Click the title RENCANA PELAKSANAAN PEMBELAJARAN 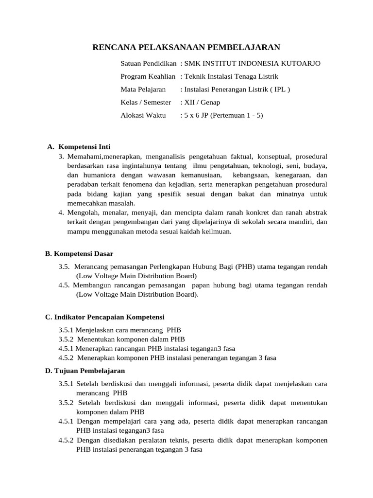tap(186, 47)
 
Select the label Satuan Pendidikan tap(148, 64)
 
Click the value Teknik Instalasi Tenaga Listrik tap(231, 76)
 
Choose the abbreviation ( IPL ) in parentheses tap(278, 89)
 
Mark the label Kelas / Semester tap(146, 102)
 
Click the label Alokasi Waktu tap(143, 115)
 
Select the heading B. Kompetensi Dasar tap(79, 254)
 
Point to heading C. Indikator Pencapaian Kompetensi tap(105, 317)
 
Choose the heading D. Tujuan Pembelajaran tap(85, 371)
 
